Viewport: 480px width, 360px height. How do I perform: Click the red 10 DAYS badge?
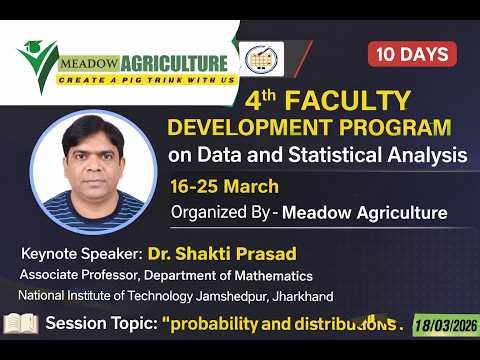pyautogui.click(x=412, y=54)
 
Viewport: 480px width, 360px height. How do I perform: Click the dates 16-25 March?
pyautogui.click(x=224, y=186)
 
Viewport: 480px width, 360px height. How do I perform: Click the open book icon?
pyautogui.click(x=21, y=324)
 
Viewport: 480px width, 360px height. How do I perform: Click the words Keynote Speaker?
pyautogui.click(x=81, y=255)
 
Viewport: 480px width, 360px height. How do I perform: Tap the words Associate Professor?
pyautogui.click(x=76, y=275)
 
